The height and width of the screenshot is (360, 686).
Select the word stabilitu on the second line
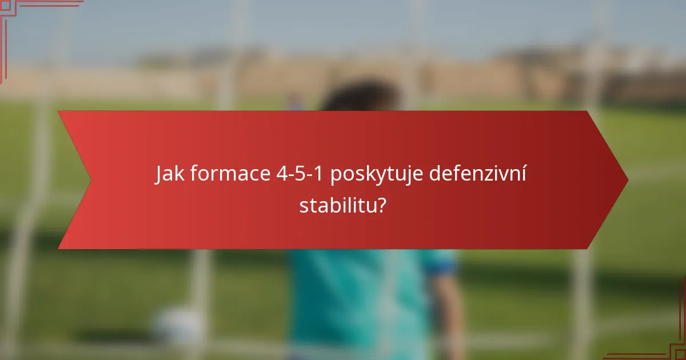point(337,205)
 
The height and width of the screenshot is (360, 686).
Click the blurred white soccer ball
point(177,326)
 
